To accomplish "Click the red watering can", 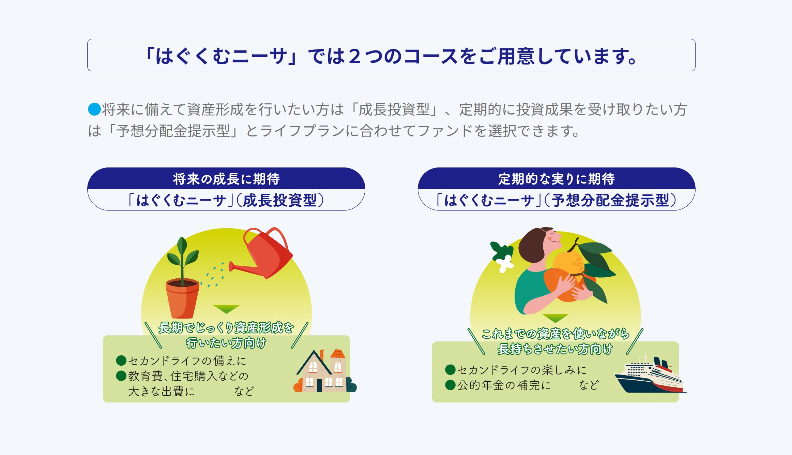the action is [264, 254].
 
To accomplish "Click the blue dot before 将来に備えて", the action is [94, 109].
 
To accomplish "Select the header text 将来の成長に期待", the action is [226, 179].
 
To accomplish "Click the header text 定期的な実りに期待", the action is [557, 179].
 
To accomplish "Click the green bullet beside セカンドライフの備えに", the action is [121, 360].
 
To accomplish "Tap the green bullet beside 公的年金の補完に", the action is [451, 385].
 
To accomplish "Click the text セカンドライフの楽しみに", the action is [522, 370].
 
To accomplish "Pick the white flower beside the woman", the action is [504, 263].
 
